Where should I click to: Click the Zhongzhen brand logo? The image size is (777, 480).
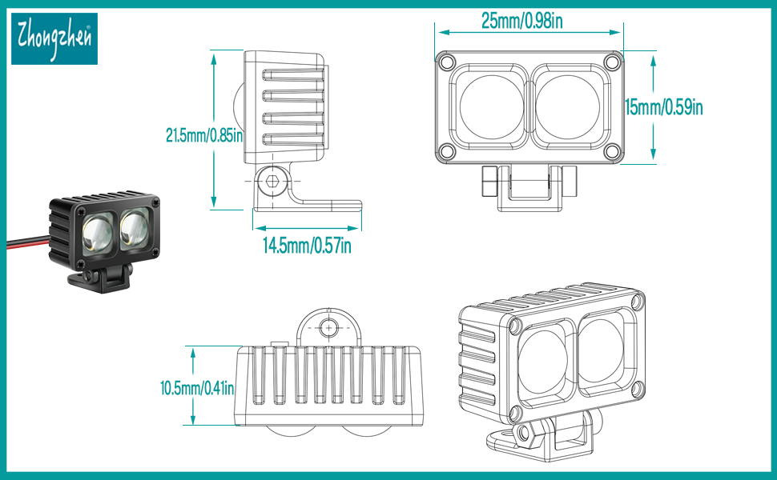54,38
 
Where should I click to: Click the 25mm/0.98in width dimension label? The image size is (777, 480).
521,22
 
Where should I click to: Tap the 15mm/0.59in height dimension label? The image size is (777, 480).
666,106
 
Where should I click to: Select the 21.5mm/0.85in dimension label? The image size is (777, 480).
204,135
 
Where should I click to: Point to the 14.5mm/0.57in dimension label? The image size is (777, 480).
307,245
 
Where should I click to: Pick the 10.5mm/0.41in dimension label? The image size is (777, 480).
197,389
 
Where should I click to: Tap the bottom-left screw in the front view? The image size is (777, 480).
446,151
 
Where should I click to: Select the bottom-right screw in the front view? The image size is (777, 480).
612,151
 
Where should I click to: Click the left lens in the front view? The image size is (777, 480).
489,106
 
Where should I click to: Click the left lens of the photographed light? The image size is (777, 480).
96,232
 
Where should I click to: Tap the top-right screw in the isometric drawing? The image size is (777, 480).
637,302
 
